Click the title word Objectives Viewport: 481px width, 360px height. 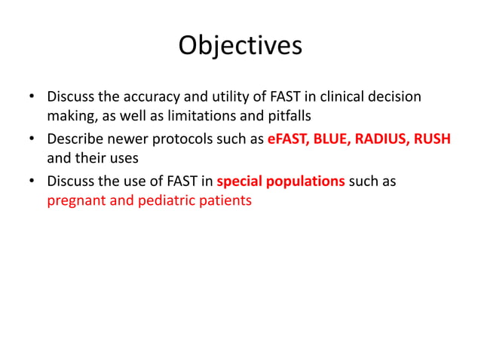[240, 46]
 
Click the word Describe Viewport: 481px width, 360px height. [75, 139]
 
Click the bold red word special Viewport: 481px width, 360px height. [240, 182]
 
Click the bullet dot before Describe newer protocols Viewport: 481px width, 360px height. [32, 140]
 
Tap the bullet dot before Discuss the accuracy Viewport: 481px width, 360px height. [32, 98]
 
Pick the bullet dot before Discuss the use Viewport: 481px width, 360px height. [32, 182]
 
